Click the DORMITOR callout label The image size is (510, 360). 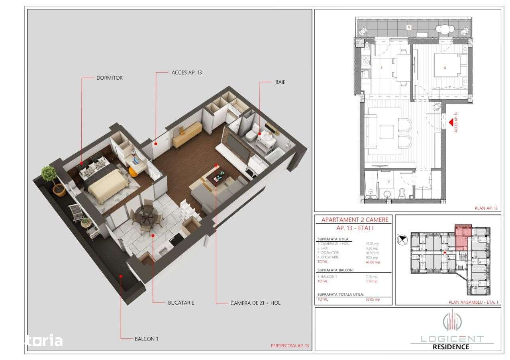pos(110,78)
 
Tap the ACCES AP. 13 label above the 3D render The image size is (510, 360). pos(187,72)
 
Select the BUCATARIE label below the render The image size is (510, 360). pos(181,303)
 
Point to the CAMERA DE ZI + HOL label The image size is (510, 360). pos(255,303)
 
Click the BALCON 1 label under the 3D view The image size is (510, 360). pos(146,339)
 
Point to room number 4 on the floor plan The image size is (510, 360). pos(445,68)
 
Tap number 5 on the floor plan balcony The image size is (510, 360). pos(409,27)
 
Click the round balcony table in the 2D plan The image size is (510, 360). pos(443,29)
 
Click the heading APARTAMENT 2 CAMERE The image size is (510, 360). pos(352,219)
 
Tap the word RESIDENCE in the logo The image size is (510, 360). pos(451,346)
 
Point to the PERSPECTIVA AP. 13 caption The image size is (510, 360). pos(289,346)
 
